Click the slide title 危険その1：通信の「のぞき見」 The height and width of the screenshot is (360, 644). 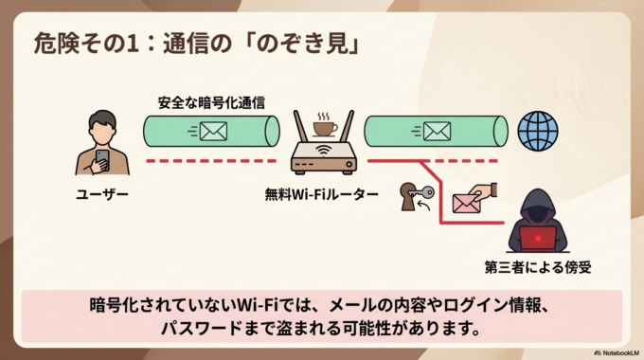coord(195,44)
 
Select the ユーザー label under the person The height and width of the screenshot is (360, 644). coord(102,194)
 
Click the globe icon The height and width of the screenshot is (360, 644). coord(538,130)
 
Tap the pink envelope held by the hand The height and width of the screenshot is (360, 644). coord(465,202)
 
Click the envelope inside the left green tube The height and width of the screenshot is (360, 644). coord(213,132)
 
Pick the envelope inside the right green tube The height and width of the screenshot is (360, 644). coord(435,132)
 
